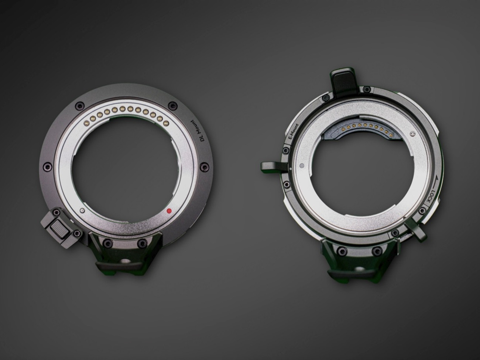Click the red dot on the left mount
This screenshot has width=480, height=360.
point(169,211)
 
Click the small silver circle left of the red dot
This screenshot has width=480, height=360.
point(82,210)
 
